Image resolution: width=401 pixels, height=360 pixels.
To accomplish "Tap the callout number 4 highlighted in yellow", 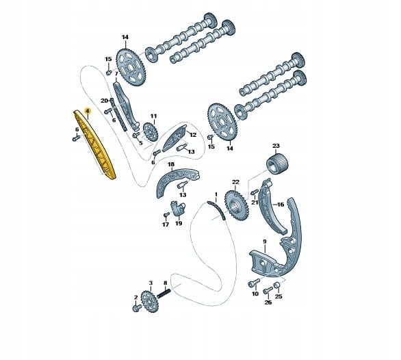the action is click(88, 111).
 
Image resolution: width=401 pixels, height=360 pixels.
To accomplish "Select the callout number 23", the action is click(276, 146).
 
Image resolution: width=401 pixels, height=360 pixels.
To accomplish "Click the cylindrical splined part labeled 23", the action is click(277, 164).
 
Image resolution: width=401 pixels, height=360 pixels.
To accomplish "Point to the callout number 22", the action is click(235, 182).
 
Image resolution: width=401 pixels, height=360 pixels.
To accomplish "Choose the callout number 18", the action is click(171, 164).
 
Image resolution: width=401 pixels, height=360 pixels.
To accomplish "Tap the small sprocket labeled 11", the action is click(151, 131).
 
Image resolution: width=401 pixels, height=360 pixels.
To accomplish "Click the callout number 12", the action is click(192, 135).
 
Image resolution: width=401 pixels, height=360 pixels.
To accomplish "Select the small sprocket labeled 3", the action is click(150, 302).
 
